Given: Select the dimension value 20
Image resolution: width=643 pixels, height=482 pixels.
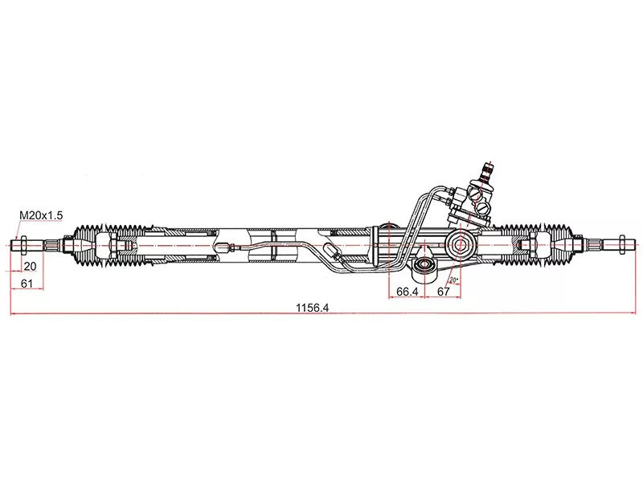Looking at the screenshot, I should [30, 267].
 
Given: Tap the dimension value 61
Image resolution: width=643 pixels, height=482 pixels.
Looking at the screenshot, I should [27, 284].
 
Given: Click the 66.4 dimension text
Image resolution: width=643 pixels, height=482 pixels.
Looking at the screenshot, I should [408, 292].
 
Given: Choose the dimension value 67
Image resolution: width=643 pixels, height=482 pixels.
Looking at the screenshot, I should [442, 292].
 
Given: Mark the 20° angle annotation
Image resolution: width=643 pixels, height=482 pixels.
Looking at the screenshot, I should [454, 280].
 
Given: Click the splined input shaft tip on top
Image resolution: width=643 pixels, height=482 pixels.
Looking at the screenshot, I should [485, 170].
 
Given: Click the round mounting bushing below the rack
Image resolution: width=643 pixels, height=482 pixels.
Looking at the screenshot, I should [424, 266].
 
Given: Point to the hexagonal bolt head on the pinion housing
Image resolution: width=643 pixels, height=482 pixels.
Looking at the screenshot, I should [462, 243].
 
